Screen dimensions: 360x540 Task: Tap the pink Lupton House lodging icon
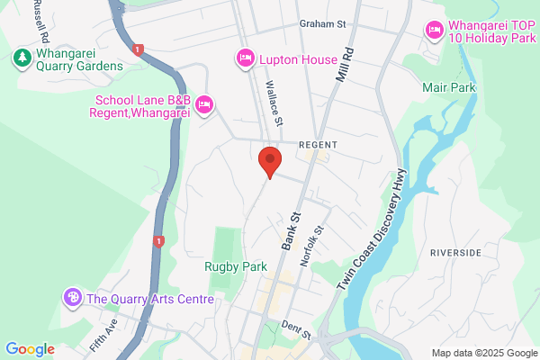pos(245,58)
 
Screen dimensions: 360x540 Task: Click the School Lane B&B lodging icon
pos(204,105)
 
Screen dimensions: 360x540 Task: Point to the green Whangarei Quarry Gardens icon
pos(21,58)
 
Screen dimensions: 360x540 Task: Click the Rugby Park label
pos(236,266)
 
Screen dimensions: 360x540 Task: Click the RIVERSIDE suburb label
pos(455,253)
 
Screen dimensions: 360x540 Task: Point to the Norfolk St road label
pos(311,243)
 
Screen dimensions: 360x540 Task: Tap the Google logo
pos(30,348)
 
